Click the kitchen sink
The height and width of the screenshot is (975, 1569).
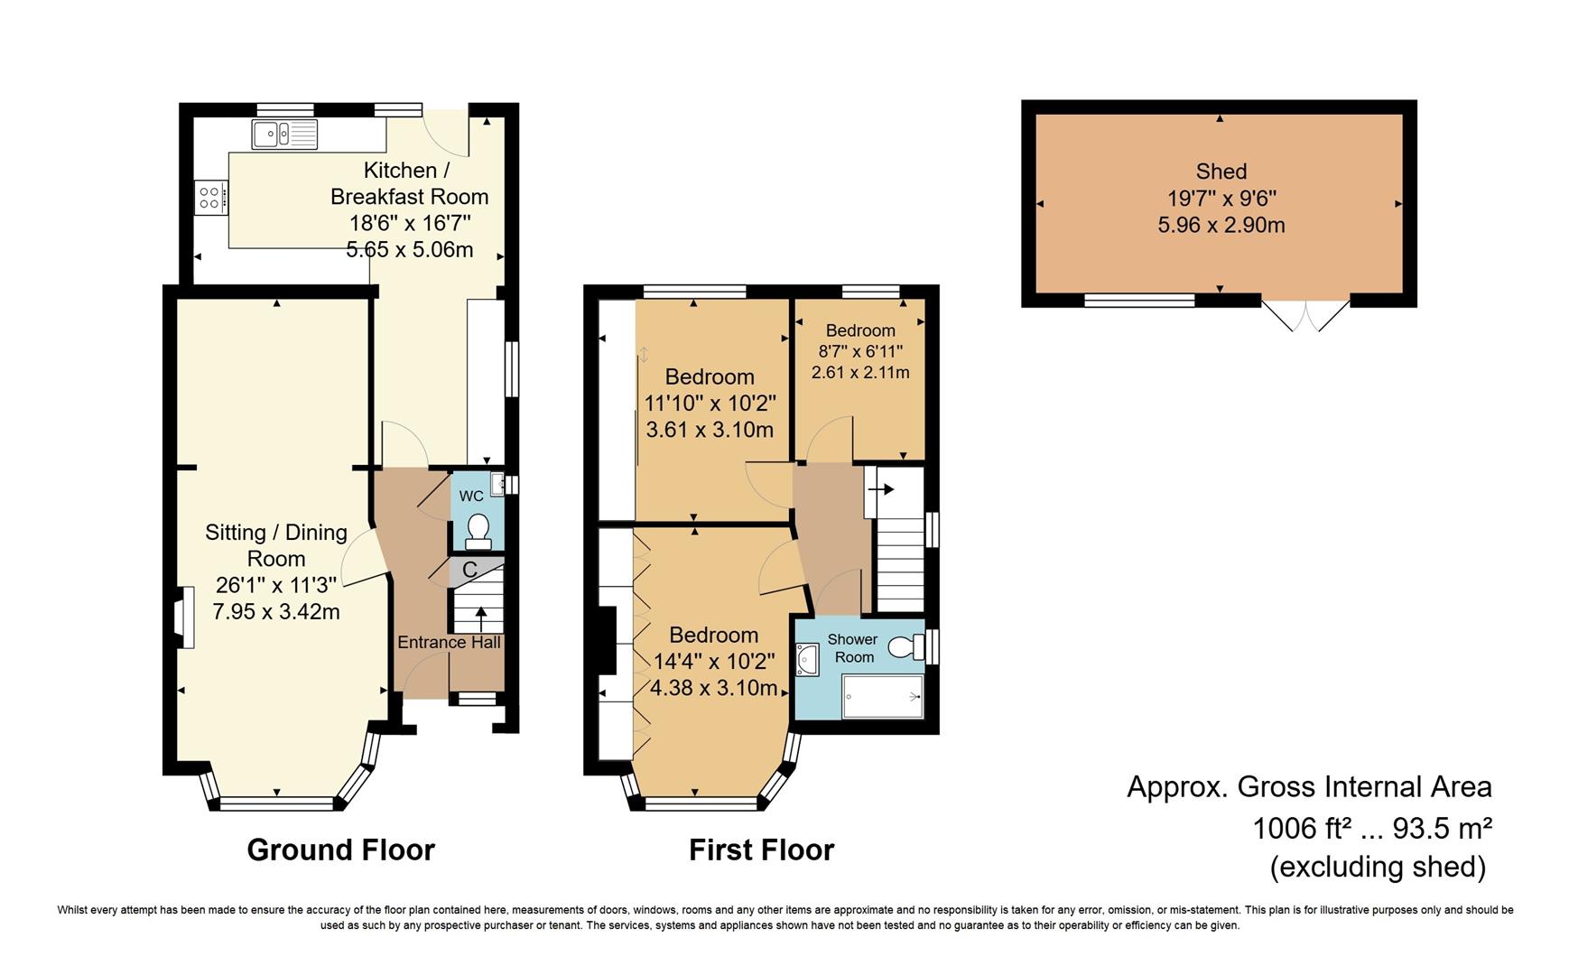285,135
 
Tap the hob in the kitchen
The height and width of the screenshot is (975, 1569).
210,197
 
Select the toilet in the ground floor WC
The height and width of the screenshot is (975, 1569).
477,531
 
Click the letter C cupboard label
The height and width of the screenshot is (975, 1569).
469,571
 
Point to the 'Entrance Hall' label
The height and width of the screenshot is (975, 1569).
449,643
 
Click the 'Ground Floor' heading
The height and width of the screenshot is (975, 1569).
340,850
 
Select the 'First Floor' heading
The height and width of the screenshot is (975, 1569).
761,850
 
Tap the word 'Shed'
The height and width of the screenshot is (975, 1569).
1221,172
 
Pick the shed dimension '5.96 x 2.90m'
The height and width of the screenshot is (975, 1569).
1221,225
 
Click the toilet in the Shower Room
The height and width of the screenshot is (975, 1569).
906,646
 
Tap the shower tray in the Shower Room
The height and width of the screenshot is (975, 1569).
883,697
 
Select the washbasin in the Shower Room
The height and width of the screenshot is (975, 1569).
806,660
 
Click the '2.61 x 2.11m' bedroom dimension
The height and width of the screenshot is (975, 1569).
860,372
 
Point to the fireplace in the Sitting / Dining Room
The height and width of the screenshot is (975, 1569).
184,617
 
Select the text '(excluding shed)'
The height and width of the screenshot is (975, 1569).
1378,867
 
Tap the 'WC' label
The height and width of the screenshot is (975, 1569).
471,496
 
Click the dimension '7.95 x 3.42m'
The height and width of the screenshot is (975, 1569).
276,612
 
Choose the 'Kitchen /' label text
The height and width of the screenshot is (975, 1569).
406,171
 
